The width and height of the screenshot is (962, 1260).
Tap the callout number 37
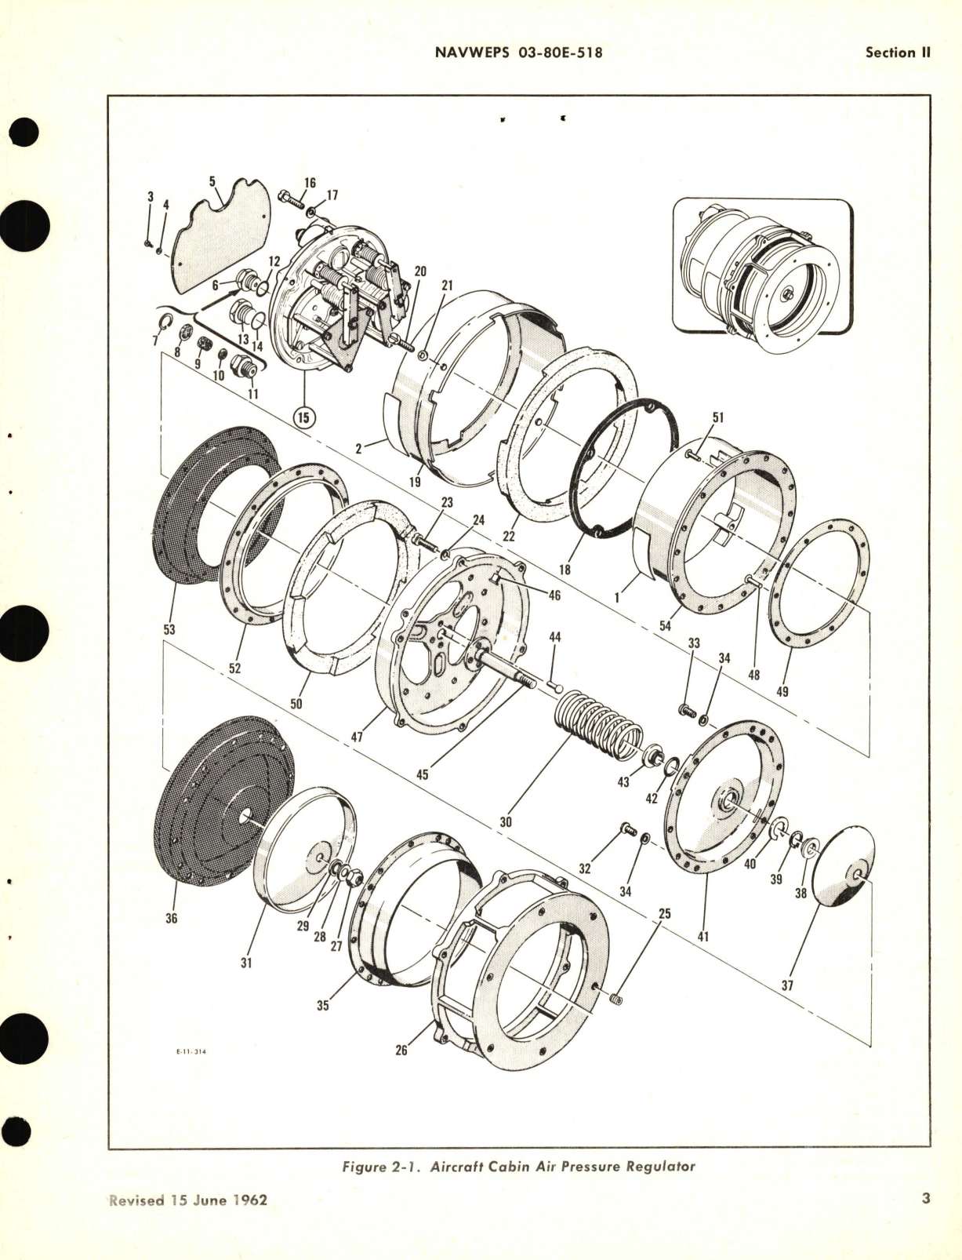coord(787,985)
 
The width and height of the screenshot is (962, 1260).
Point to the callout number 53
coord(170,629)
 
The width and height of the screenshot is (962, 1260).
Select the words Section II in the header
coord(897,53)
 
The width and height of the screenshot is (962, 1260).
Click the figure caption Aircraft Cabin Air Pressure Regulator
coord(519,1167)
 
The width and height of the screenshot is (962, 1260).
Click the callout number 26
coord(401,1050)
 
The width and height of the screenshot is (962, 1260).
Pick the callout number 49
coord(782,691)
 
